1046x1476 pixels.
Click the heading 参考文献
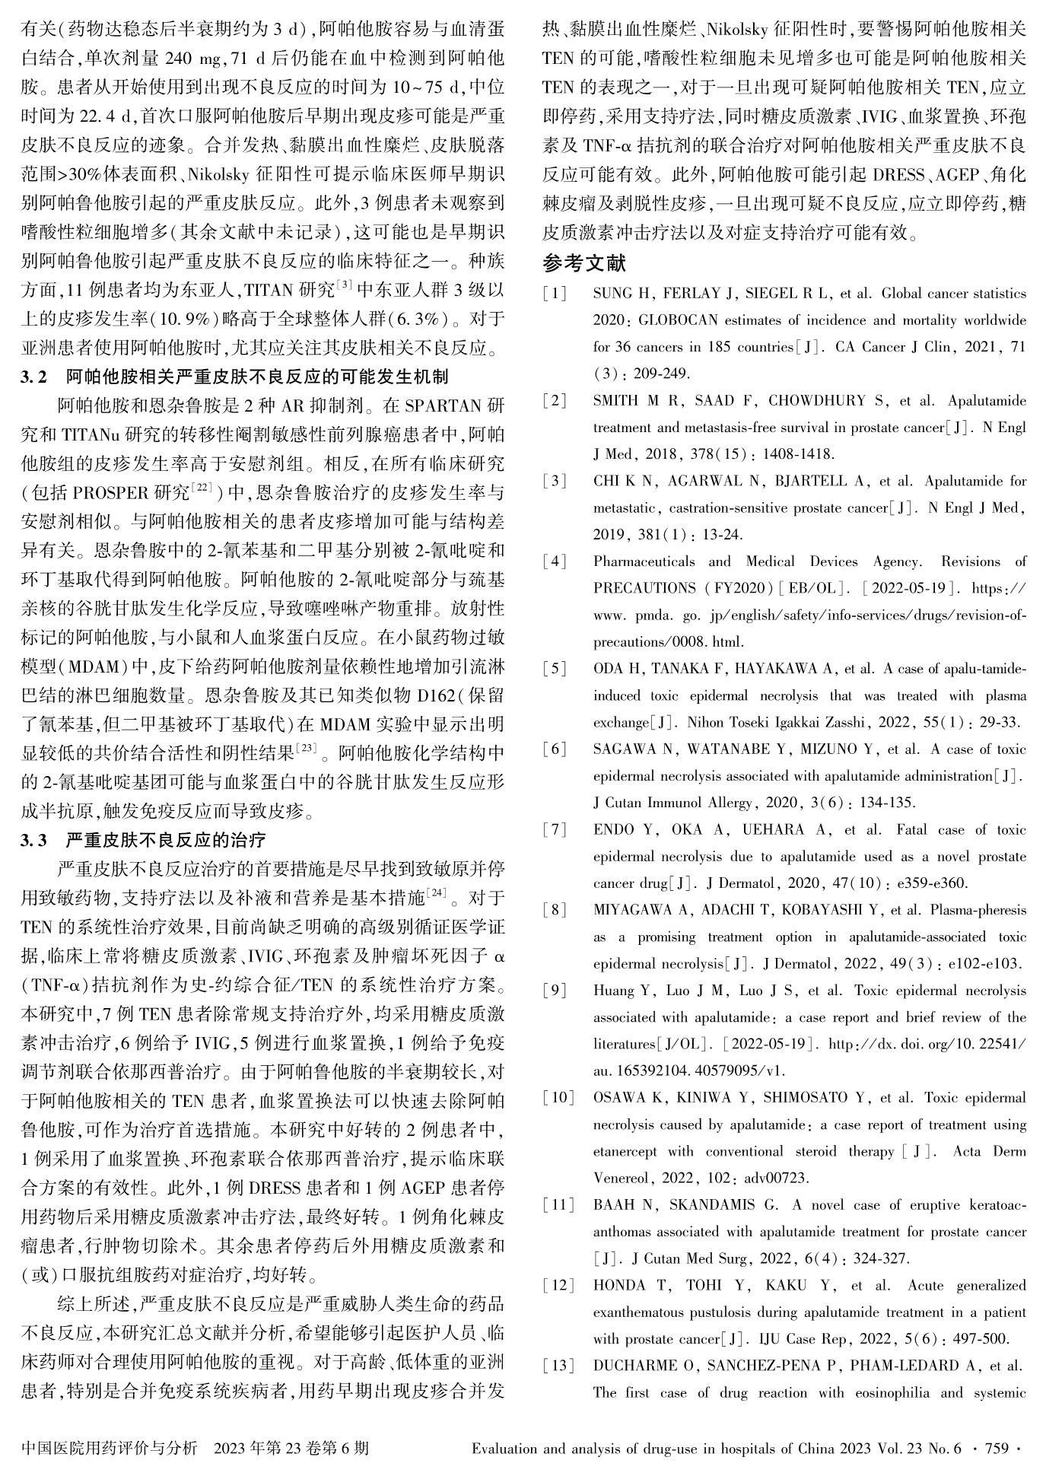click(x=584, y=264)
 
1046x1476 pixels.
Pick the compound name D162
click(x=431, y=696)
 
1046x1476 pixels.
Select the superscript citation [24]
click(x=436, y=892)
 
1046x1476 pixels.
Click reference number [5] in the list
click(x=555, y=669)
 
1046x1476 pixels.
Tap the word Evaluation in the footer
click(x=505, y=1449)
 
